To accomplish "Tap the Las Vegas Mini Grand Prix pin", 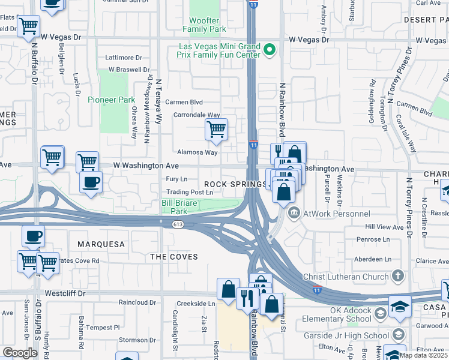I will (x=270, y=50).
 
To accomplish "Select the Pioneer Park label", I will (x=106, y=100).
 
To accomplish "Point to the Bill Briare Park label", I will (x=178, y=207).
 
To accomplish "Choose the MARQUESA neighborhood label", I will (x=100, y=244).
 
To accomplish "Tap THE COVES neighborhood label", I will (x=173, y=257).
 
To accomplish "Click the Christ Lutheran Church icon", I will (x=397, y=276).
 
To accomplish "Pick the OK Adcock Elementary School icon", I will (x=380, y=314).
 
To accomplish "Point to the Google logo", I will (x=20, y=353).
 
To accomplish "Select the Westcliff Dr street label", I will (x=65, y=294).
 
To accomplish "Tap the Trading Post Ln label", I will (x=190, y=192).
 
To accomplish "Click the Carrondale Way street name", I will (x=197, y=115).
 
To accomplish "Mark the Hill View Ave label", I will (x=385, y=227).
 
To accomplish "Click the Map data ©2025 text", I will (x=423, y=355).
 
